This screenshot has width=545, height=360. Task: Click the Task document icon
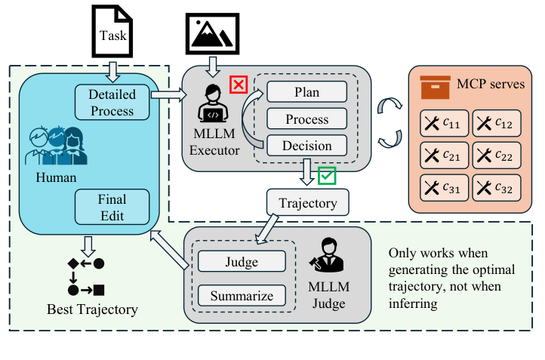click(x=111, y=31)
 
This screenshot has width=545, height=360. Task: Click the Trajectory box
click(x=307, y=202)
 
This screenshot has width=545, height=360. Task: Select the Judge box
click(x=242, y=262)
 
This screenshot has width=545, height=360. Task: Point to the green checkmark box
click(x=327, y=176)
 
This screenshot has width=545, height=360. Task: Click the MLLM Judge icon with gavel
click(x=326, y=257)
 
